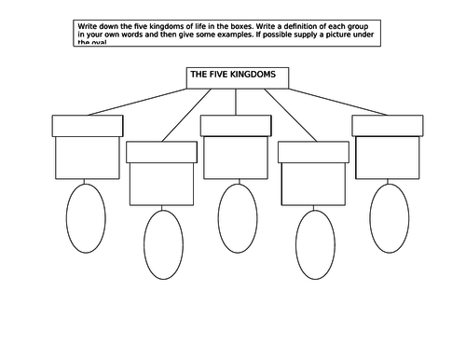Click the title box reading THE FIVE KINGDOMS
[x=238, y=77]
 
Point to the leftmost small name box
[x=87, y=125]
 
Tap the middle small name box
[x=238, y=125]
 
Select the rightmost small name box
[x=388, y=125]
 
